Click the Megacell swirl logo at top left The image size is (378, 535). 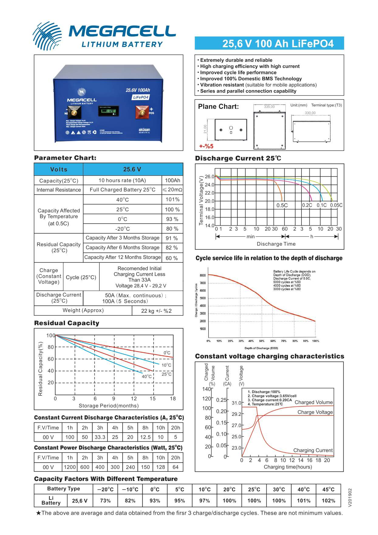[x=47, y=36]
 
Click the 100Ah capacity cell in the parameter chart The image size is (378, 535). [x=172, y=180]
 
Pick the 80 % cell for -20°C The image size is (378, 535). [x=172, y=229]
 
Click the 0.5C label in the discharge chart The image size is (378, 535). [x=282, y=205]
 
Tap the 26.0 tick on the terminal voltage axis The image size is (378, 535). [x=209, y=177]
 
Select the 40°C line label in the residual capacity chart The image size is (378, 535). [x=147, y=376]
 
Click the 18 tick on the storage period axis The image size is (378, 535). [x=173, y=398]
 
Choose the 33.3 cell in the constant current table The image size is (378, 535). [x=100, y=437]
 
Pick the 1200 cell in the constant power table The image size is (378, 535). [x=70, y=467]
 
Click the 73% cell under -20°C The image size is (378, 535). [x=105, y=501]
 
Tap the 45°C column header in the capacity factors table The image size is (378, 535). [x=329, y=489]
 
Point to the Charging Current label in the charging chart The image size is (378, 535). [x=313, y=450]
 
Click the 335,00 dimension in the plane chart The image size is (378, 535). [x=269, y=107]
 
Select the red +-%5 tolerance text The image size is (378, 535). [x=206, y=146]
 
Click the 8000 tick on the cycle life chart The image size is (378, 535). [x=203, y=276]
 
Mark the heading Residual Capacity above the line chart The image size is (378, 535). [x=66, y=323]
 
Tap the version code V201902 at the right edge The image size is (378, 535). [x=350, y=498]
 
